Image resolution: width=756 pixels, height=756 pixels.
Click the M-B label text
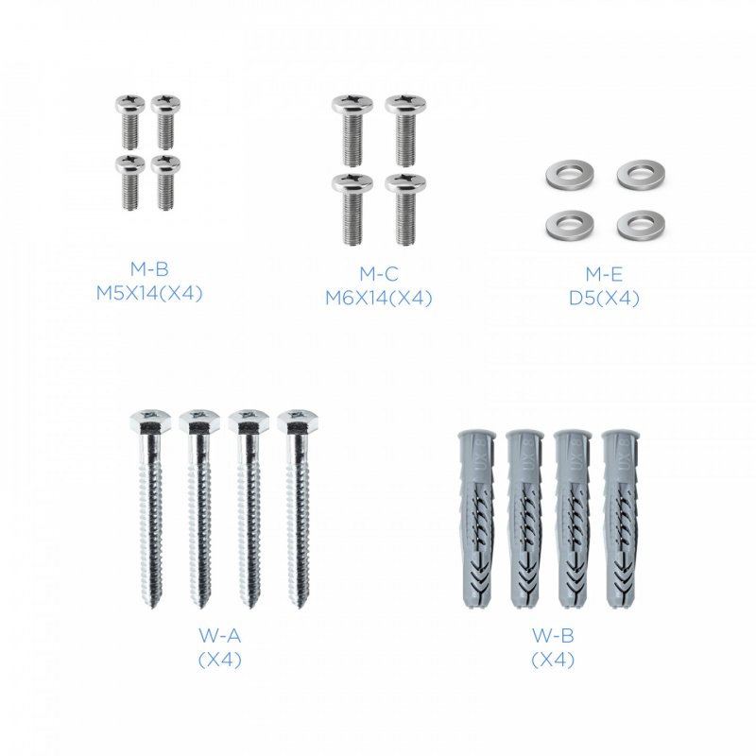point(149,269)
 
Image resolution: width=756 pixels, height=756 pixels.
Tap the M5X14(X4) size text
point(149,293)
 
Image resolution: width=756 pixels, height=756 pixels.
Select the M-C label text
point(379,274)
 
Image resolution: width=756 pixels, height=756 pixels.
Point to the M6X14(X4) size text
point(379,299)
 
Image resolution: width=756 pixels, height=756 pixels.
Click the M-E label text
point(604,274)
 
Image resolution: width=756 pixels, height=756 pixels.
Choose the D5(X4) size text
point(604,299)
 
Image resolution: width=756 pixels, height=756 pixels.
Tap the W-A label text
point(220,635)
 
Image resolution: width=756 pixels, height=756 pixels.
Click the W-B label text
point(553,635)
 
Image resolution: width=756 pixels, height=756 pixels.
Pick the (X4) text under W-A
point(220,660)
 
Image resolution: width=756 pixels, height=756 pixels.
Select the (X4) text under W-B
point(553,660)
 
